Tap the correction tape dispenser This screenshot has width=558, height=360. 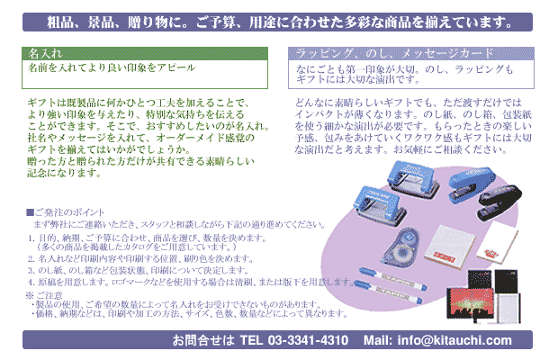click(x=401, y=247)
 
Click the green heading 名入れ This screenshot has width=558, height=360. click(x=46, y=54)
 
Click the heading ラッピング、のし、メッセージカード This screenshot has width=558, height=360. click(x=394, y=54)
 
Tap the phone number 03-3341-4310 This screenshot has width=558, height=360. click(x=308, y=340)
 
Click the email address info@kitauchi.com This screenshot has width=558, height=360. click(x=454, y=340)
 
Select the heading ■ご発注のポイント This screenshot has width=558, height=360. click(x=65, y=212)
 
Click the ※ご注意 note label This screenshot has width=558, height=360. click(x=44, y=295)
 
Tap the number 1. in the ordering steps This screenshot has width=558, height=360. click(x=31, y=238)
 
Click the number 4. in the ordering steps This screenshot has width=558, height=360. click(x=31, y=282)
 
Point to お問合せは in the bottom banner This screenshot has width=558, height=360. click(x=203, y=340)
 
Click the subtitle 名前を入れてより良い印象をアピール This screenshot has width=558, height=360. click(x=112, y=67)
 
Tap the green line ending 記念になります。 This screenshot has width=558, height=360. click(x=65, y=173)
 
